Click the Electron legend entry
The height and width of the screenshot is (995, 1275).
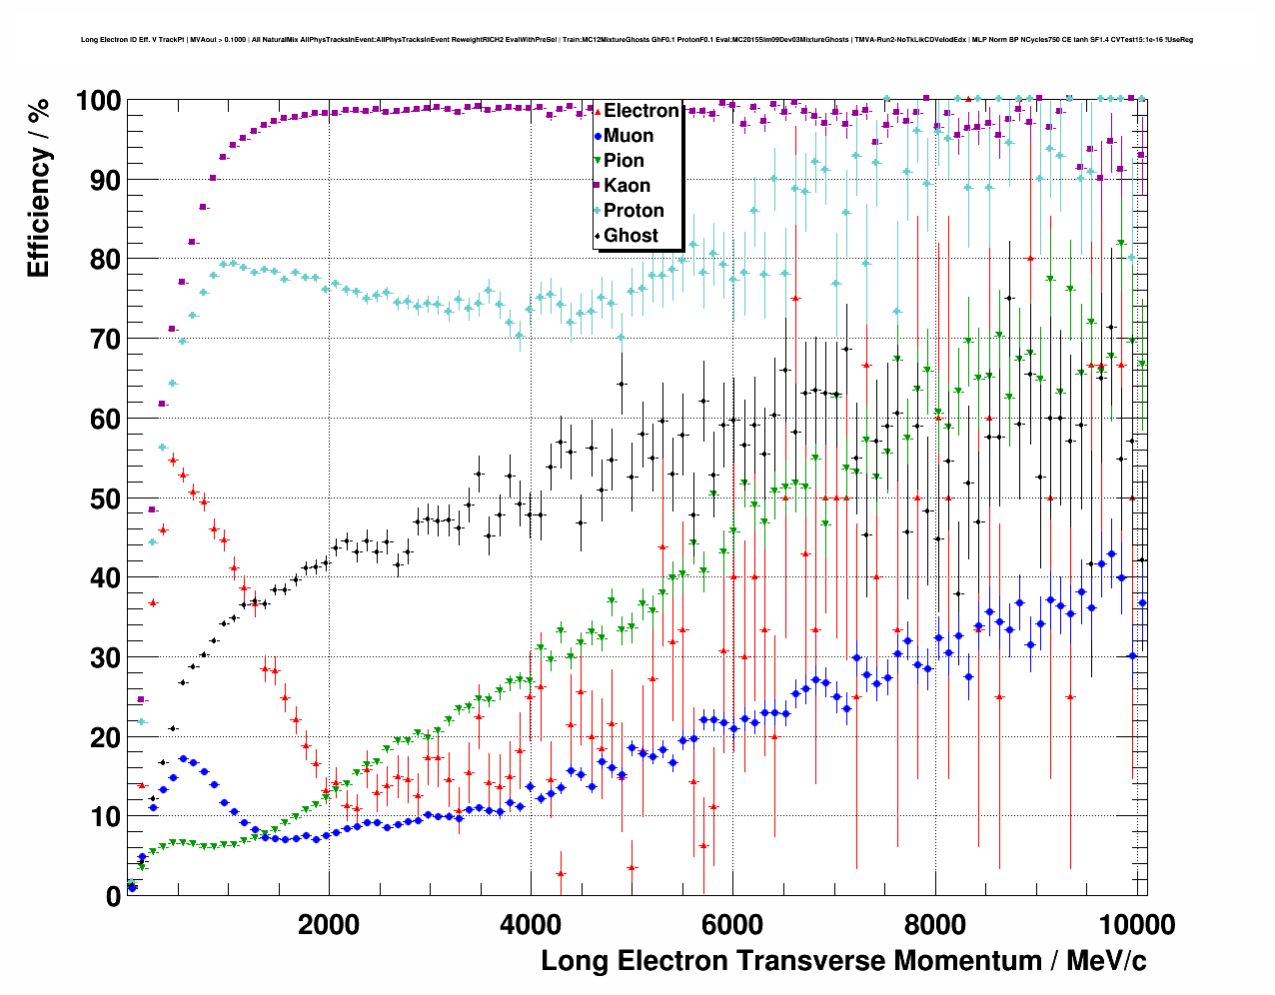click(x=641, y=111)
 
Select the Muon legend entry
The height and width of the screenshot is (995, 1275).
click(x=629, y=136)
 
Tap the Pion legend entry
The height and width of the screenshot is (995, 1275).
click(x=624, y=161)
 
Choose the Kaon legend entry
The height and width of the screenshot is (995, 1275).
click(x=627, y=186)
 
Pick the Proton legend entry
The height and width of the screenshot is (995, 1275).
click(x=634, y=211)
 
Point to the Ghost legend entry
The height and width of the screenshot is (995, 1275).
click(x=631, y=236)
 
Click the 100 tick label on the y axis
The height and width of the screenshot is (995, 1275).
click(x=98, y=101)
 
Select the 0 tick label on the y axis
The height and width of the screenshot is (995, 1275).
click(x=113, y=896)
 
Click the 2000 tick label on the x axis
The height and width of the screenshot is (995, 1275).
click(x=329, y=924)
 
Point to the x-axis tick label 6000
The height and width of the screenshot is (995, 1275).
click(x=732, y=924)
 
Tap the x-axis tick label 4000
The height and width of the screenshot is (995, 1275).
click(x=531, y=924)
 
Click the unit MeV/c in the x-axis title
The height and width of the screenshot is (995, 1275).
click(x=1106, y=961)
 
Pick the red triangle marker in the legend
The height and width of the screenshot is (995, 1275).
click(x=598, y=111)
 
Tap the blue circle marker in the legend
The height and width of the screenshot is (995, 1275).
click(x=598, y=136)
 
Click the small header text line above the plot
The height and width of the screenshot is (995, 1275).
click(x=637, y=40)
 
